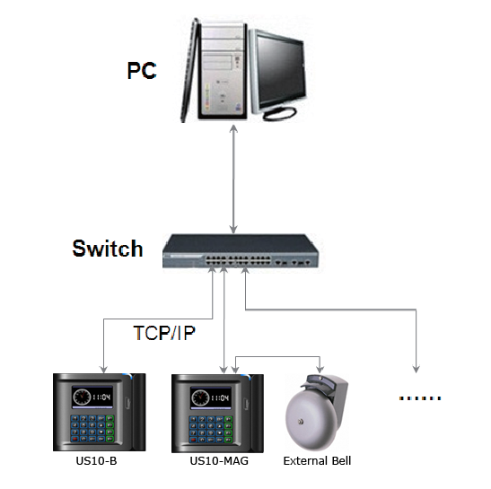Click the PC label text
(142, 71)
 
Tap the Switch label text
(108, 249)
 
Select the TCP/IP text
(164, 333)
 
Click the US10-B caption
(96, 461)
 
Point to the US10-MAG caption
(219, 461)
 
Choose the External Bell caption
(317, 461)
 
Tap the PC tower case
(223, 71)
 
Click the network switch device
(241, 251)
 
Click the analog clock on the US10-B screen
(82, 397)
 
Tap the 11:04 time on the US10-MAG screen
(220, 398)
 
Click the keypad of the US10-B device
(92, 429)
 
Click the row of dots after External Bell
(420, 398)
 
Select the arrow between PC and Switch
(233, 179)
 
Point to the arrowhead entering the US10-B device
(103, 370)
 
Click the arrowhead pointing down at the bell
(320, 369)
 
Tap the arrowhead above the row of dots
(416, 369)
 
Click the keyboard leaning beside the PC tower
(189, 71)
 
